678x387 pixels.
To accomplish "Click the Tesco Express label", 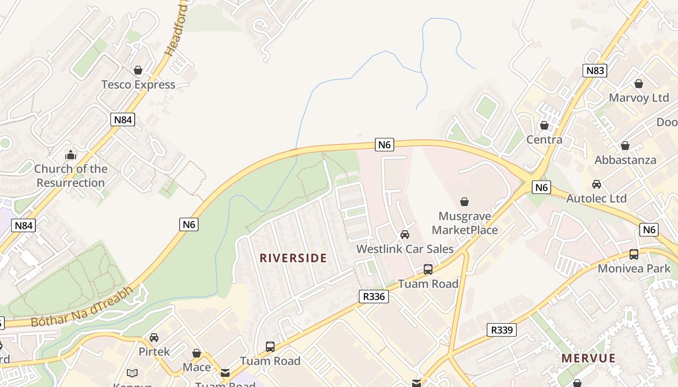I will coord(138,85).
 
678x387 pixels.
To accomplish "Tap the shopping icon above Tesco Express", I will coord(138,71).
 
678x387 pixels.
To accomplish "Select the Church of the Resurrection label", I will coord(71,176).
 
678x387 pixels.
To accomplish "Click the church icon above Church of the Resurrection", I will coord(71,155).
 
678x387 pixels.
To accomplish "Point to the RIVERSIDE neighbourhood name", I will coord(293,258).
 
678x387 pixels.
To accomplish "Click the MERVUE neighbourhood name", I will coord(588,358).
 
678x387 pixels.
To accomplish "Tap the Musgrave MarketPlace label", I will coord(464,223).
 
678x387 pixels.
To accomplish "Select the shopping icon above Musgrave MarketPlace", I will coord(464,201).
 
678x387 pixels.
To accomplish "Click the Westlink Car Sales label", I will coord(405,249).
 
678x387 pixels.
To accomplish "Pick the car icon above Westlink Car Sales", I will coord(405,235).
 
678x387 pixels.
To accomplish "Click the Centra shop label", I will coord(544,140).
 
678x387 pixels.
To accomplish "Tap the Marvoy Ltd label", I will coord(639,98).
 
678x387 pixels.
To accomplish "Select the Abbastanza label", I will coord(625,160).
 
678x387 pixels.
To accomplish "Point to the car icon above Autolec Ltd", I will coord(597,184).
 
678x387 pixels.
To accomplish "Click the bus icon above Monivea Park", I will coord(634,254).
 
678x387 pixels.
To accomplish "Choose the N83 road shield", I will coord(595,71).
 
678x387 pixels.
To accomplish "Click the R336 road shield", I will coord(374,297).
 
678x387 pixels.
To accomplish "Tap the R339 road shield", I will coord(502,330).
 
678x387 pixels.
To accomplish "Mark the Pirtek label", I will coord(154,352).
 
